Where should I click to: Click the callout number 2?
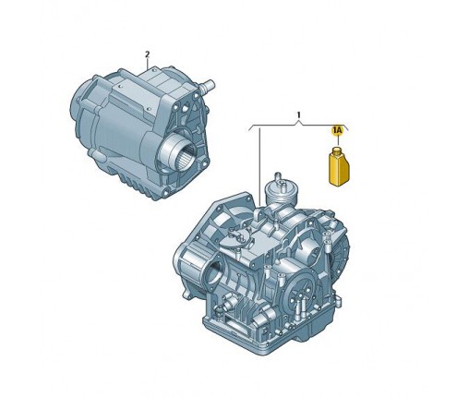(x=146, y=54)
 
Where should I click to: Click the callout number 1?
(x=299, y=116)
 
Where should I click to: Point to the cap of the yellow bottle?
(x=337, y=150)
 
